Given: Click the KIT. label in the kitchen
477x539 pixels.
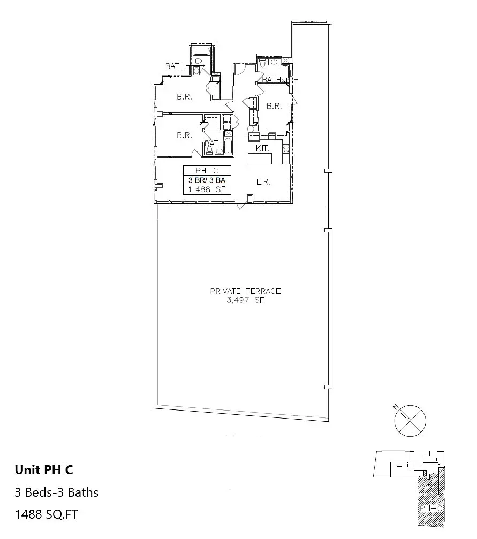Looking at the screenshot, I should [262, 148].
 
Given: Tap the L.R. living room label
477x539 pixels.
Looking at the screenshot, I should [263, 182].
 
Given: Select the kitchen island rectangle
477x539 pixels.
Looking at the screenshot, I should [260, 159].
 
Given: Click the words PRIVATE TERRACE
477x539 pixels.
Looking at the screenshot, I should [245, 291].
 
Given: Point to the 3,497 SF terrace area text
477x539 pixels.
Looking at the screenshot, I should [246, 300].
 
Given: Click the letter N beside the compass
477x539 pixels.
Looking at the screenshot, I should [396, 408].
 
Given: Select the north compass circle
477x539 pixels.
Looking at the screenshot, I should [411, 420].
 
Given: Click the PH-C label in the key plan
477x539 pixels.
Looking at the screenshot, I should [431, 508].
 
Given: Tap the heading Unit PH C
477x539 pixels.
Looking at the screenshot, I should [44, 470].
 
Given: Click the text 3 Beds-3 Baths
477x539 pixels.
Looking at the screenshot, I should [57, 492].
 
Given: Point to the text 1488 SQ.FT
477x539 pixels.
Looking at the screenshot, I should [47, 514].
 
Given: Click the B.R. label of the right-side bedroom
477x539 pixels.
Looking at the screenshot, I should [274, 106].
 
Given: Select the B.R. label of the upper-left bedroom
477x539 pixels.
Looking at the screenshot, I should [185, 97].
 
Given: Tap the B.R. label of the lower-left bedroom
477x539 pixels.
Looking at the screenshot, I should [185, 135].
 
